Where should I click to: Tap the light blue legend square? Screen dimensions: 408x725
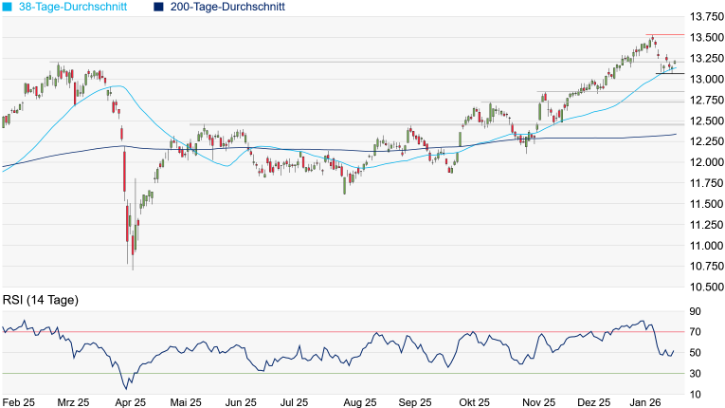point(8,7)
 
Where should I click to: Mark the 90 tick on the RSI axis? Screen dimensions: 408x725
point(696,311)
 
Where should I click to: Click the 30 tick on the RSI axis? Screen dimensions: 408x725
point(696,373)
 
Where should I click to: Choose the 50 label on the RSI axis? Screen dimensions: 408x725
point(696,352)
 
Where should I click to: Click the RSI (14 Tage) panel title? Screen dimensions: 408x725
point(40,300)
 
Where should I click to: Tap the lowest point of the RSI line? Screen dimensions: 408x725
point(126,388)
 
